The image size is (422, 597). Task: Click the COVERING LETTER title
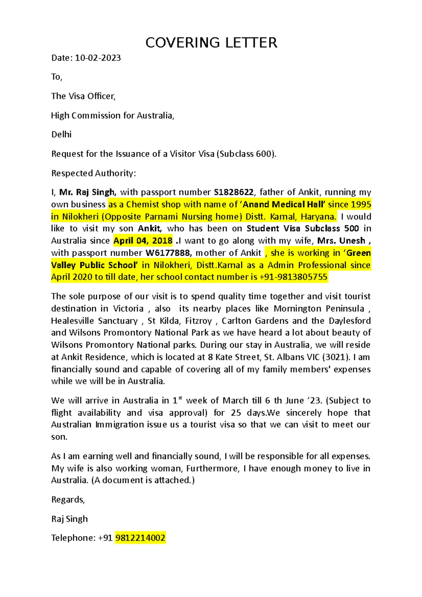coord(211,43)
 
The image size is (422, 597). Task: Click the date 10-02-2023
coord(98,58)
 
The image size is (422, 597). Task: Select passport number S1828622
coord(234,192)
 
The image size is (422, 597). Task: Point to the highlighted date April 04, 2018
coord(143,241)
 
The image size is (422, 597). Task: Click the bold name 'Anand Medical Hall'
coord(284,205)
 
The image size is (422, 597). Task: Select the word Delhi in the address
coord(62,135)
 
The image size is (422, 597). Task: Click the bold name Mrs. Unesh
coord(341,241)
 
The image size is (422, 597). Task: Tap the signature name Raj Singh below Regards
coord(70,519)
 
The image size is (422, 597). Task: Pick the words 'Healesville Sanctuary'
coord(94,321)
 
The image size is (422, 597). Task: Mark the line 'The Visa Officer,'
coord(83,96)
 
